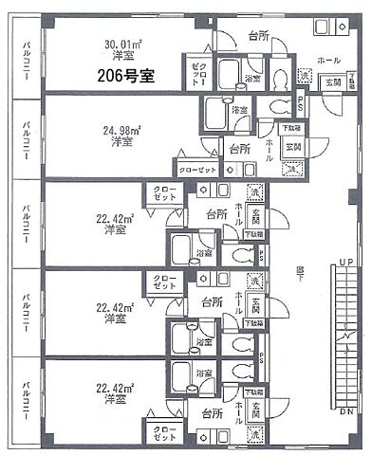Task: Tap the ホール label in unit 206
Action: (329, 60)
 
